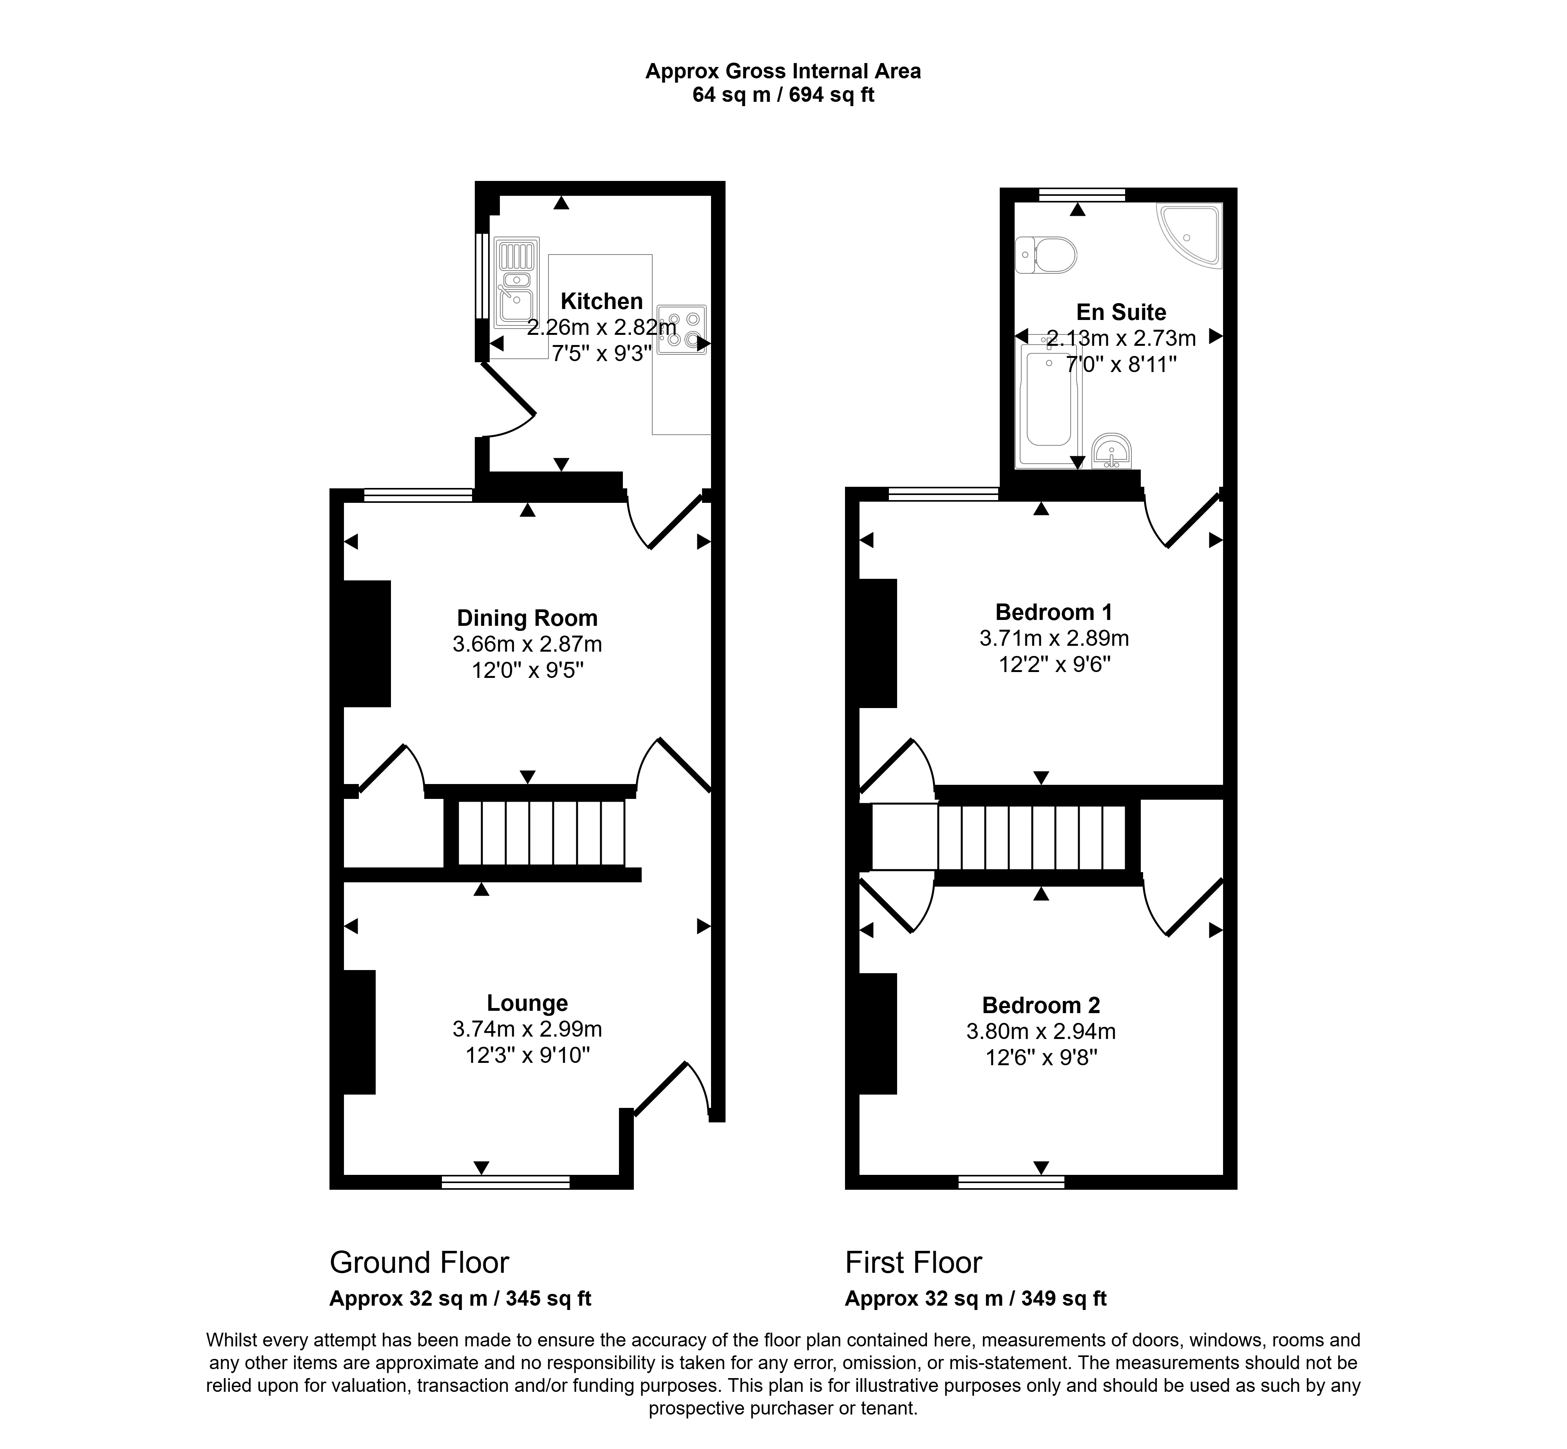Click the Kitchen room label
[602, 301]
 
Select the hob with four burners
[682, 329]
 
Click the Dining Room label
[527, 618]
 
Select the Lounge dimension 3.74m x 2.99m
[527, 1029]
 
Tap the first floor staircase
[1032, 837]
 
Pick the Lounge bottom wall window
[506, 1182]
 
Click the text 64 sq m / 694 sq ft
[783, 95]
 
